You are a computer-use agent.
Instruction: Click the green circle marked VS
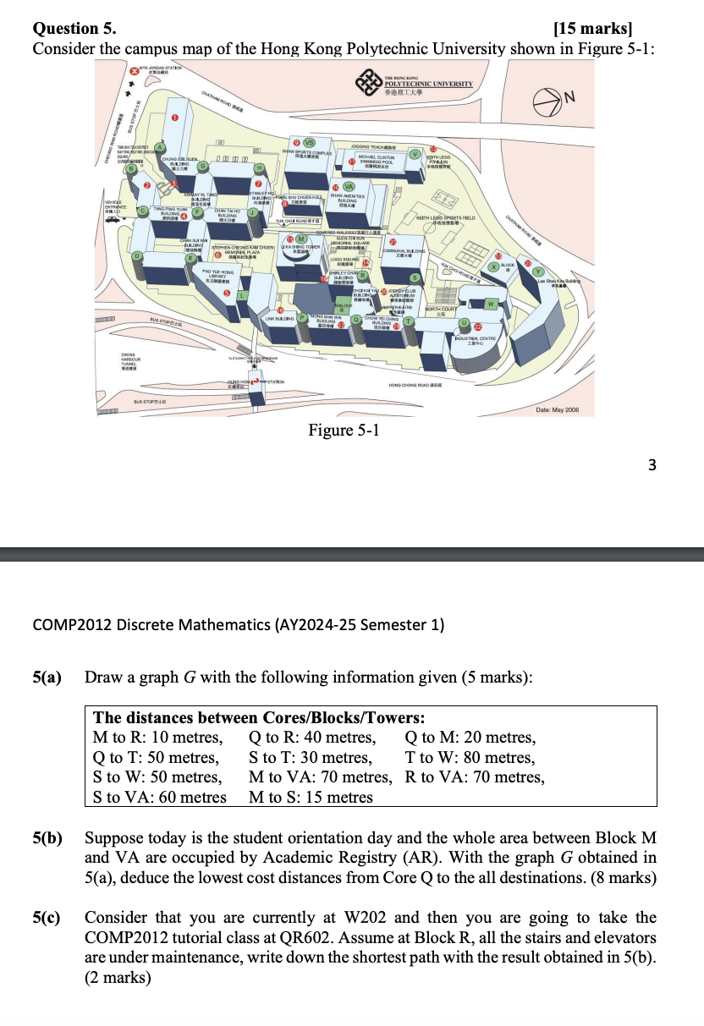coord(310,143)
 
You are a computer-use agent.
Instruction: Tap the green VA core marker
coord(349,186)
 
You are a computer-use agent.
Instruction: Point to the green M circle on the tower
coord(300,239)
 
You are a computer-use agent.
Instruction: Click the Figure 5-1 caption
coord(344,431)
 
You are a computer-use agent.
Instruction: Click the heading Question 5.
coord(74,29)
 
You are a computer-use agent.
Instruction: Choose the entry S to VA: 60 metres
coord(160,797)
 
